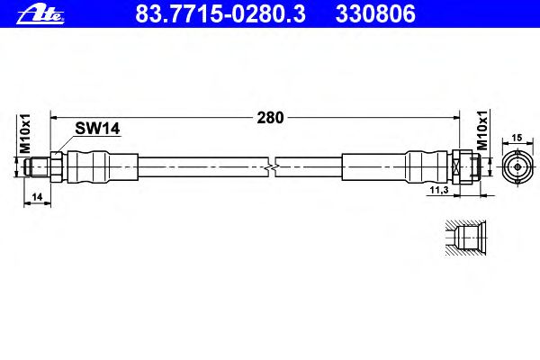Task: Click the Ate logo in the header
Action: (40, 15)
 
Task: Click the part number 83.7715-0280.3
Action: (220, 13)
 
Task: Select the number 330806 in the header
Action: (375, 13)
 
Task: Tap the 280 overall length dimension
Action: (270, 118)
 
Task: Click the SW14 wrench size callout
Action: (97, 129)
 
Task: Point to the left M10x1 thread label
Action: (25, 134)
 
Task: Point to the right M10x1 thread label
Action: (482, 130)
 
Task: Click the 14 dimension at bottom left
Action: (37, 197)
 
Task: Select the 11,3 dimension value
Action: (439, 190)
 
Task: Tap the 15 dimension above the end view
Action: (517, 138)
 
